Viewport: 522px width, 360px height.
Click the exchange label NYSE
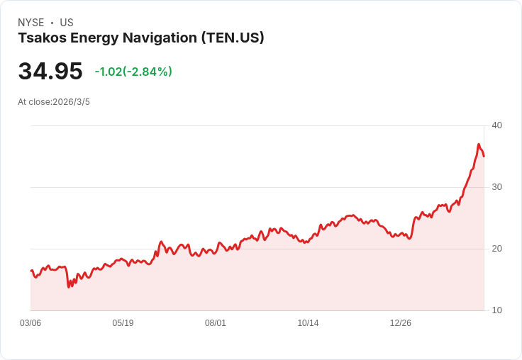click(x=30, y=23)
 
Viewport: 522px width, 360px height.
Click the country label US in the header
click(x=67, y=23)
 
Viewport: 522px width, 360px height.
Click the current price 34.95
click(x=50, y=72)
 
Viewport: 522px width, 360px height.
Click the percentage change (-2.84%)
click(x=148, y=72)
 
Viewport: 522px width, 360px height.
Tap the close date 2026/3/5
click(x=71, y=102)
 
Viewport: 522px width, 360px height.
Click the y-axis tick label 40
click(x=496, y=125)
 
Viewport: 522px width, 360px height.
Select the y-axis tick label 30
click(x=496, y=187)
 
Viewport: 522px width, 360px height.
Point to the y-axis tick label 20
click(x=496, y=249)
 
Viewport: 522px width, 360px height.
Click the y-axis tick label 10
click(x=496, y=310)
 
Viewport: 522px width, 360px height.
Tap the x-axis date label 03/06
click(x=30, y=323)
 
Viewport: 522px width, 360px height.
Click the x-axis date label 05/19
click(x=123, y=323)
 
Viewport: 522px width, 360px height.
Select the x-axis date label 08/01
click(x=216, y=323)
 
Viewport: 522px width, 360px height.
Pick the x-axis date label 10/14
click(x=308, y=323)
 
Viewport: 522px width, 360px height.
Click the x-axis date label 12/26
click(x=401, y=323)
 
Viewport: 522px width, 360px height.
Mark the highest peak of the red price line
click(x=479, y=145)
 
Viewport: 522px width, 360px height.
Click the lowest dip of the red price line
click(x=69, y=286)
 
